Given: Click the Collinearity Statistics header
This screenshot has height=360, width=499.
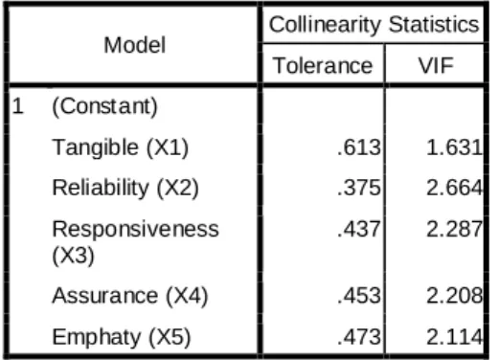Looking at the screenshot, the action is (x=374, y=24).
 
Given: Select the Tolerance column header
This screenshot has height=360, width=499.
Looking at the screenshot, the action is (x=323, y=65).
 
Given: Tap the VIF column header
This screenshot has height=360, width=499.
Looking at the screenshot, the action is (x=436, y=65).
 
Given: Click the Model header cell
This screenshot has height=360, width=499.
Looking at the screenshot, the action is (x=135, y=45).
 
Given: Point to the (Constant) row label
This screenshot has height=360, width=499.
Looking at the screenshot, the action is (x=104, y=106).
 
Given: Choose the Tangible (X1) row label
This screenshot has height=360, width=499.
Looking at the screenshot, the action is (x=121, y=147).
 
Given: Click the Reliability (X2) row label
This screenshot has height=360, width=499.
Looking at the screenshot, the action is (x=125, y=188).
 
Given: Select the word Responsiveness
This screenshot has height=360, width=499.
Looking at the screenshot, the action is (x=135, y=229).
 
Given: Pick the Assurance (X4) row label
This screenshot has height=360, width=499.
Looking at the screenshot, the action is (x=130, y=296).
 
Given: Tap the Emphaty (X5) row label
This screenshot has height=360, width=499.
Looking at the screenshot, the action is (x=122, y=337).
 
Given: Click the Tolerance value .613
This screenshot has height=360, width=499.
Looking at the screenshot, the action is (x=359, y=147).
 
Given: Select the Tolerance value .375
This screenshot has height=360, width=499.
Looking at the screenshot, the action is (x=359, y=188).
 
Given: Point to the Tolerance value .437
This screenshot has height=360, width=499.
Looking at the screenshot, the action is (x=359, y=229).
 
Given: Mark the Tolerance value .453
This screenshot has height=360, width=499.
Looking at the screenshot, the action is (x=359, y=295).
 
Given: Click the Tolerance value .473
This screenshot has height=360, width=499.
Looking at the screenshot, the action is (x=359, y=337).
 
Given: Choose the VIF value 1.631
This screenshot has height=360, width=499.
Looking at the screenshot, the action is (x=455, y=147).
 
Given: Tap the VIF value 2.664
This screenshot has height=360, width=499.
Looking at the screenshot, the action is (x=455, y=188).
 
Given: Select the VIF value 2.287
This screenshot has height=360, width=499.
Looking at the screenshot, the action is (x=455, y=229).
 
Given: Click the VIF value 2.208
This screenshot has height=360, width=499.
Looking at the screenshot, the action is (x=455, y=295).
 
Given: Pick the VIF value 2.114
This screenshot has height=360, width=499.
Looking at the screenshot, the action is (x=455, y=337).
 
